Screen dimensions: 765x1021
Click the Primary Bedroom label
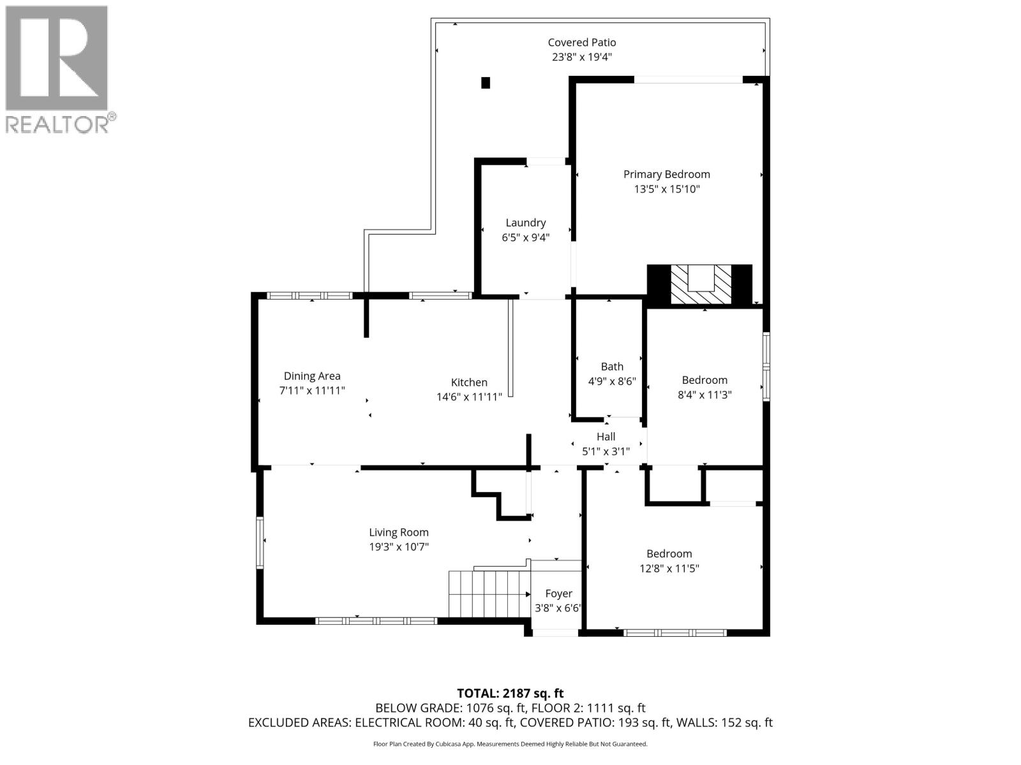pyautogui.click(x=666, y=174)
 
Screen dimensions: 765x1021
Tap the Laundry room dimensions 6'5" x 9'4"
pyautogui.click(x=525, y=237)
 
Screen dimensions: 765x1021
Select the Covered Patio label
pyautogui.click(x=581, y=42)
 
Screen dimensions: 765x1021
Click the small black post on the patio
pyautogui.click(x=486, y=82)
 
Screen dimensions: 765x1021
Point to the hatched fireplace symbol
pyautogui.click(x=699, y=286)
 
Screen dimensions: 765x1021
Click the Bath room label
pyautogui.click(x=612, y=367)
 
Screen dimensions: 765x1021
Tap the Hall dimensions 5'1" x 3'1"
pyautogui.click(x=606, y=451)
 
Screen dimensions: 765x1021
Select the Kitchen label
pyautogui.click(x=469, y=382)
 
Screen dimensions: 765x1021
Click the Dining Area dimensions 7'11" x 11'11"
pyautogui.click(x=312, y=390)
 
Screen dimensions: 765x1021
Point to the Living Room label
pyautogui.click(x=399, y=532)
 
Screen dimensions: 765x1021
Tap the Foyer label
pyautogui.click(x=558, y=594)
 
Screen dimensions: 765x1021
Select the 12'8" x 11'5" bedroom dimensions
pyautogui.click(x=669, y=568)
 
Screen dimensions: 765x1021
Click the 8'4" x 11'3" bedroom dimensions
pyautogui.click(x=704, y=395)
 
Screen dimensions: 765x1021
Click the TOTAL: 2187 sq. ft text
pyautogui.click(x=510, y=693)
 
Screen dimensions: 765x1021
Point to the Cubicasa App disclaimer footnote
pyautogui.click(x=510, y=744)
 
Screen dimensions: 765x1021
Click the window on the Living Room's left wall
pyautogui.click(x=260, y=542)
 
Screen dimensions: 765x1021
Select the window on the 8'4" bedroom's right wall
pyautogui.click(x=766, y=367)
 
